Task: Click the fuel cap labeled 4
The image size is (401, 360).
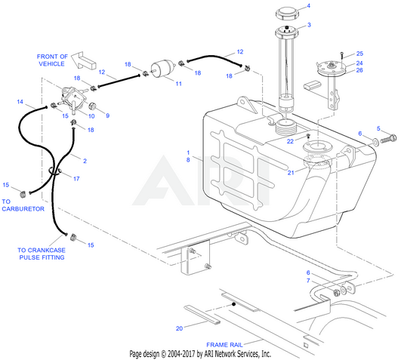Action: pyautogui.click(x=287, y=14)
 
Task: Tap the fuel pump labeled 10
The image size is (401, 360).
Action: pyautogui.click(x=70, y=100)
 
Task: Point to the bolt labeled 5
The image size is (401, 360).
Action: pyautogui.click(x=388, y=139)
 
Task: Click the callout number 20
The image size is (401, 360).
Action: pyautogui.click(x=179, y=328)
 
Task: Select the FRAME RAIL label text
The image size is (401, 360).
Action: pyautogui.click(x=224, y=345)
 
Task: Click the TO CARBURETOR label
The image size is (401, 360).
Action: pyautogui.click(x=23, y=205)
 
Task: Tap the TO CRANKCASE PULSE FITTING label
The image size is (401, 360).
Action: pyautogui.click(x=42, y=254)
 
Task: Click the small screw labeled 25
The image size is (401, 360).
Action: pyautogui.click(x=342, y=55)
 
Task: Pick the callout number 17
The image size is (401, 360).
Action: pyautogui.click(x=76, y=179)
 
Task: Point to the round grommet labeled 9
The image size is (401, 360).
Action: pyautogui.click(x=92, y=106)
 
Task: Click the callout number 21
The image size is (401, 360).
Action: pyautogui.click(x=291, y=173)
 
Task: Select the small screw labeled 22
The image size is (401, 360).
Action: pyautogui.click(x=308, y=135)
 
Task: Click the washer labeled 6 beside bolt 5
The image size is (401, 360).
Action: pyautogui.click(x=375, y=141)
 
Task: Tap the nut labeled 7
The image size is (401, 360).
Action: pyautogui.click(x=337, y=293)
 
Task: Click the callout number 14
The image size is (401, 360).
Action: pyautogui.click(x=20, y=102)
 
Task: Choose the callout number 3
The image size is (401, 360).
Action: pyautogui.click(x=309, y=25)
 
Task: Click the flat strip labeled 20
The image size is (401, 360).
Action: pyautogui.click(x=202, y=314)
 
